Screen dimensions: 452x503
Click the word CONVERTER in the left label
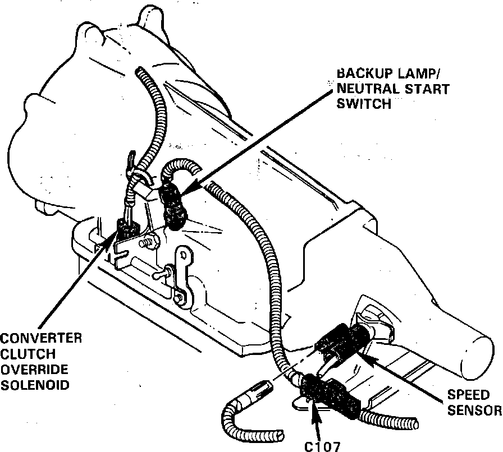tap(41, 338)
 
